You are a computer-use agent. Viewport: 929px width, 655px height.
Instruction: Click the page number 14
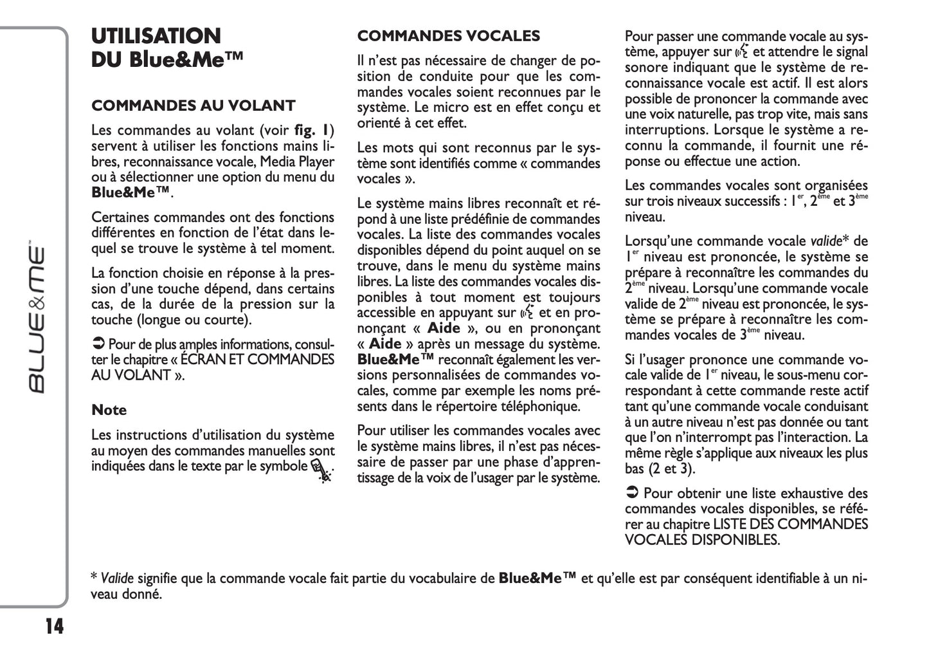click(x=55, y=626)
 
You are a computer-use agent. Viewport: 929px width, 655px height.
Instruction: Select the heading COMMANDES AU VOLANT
click(x=194, y=106)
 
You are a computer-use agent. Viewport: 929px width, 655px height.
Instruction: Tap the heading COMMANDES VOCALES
click(x=448, y=36)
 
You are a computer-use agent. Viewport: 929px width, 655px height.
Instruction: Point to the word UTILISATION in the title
click(x=156, y=36)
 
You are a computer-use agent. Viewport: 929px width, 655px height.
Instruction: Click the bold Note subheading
click(x=109, y=410)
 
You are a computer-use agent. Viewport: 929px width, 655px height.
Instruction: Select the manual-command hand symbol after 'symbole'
click(x=321, y=470)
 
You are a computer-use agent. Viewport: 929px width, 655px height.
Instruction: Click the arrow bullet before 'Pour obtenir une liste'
click(x=632, y=494)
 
